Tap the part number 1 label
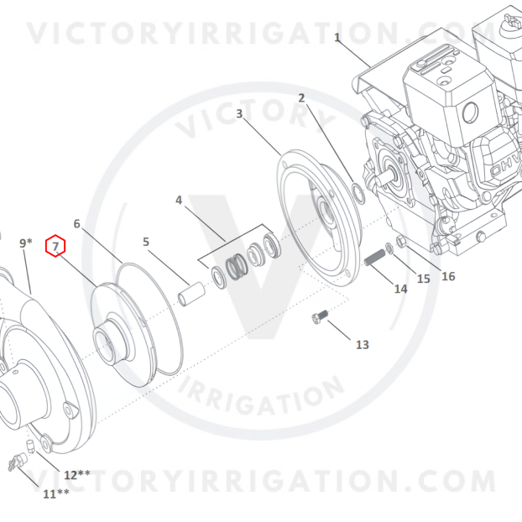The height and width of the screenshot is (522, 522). point(337,37)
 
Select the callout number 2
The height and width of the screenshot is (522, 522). point(301,98)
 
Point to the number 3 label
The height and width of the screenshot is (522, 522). point(239,113)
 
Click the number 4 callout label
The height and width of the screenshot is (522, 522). point(179,200)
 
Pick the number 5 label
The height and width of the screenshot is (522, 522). point(146,242)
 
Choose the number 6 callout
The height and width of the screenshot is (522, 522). point(77,224)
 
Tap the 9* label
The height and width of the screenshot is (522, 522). point(26,243)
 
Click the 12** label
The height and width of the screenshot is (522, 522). point(77,475)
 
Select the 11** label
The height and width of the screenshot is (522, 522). point(56,494)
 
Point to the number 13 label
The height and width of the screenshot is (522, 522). point(363,345)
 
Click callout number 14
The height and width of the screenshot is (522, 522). point(400,289)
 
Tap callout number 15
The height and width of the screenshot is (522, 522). point(424,279)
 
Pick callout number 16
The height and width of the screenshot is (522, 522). point(448,276)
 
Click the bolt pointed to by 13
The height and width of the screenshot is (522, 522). point(320,316)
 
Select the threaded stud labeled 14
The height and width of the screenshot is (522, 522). point(375,258)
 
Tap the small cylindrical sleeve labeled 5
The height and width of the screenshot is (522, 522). point(191,295)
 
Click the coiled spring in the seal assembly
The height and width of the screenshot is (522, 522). point(237,267)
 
